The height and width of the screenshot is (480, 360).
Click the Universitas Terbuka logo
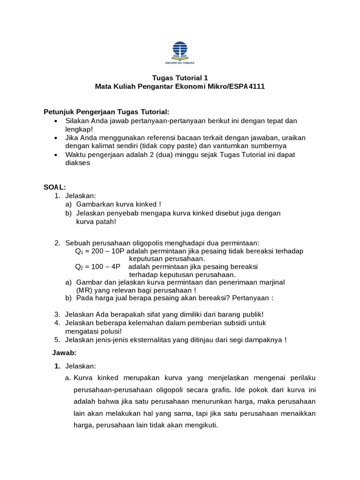click(x=180, y=52)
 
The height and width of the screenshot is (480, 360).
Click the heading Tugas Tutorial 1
click(x=180, y=78)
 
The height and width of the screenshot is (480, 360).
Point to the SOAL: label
click(x=55, y=187)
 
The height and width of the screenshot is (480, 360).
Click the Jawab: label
click(x=63, y=352)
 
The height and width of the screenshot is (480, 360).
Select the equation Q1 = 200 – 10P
click(x=99, y=251)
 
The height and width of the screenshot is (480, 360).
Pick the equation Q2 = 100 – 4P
click(x=98, y=266)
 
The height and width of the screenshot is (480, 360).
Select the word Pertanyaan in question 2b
click(x=252, y=298)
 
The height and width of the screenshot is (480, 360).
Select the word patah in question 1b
click(x=105, y=222)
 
